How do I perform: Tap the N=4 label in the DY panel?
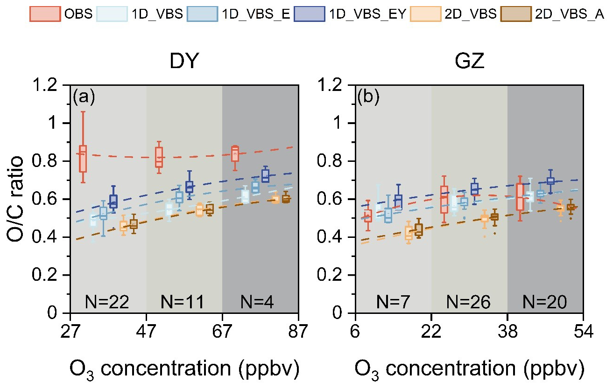click(257, 303)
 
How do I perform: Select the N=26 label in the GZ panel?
click(469, 303)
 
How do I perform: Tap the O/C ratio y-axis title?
click(15, 198)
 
